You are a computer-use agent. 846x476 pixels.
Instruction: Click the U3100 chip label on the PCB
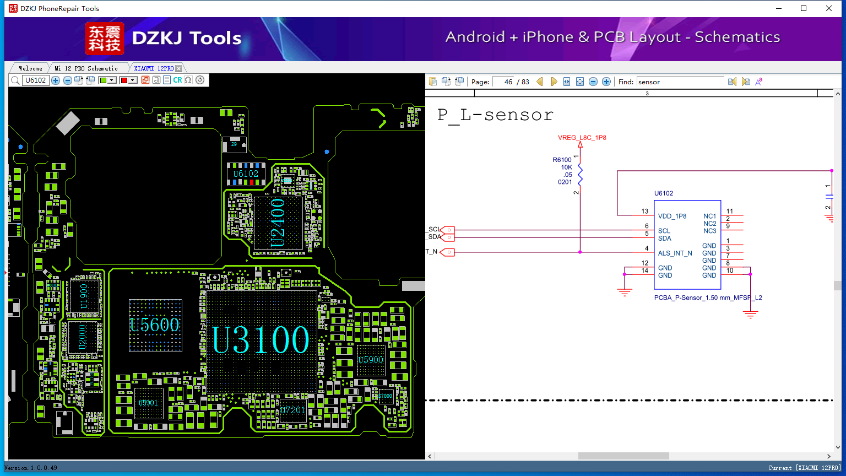click(261, 340)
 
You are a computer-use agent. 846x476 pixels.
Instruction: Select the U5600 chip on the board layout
click(155, 325)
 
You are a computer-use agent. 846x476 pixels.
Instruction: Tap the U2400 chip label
click(278, 223)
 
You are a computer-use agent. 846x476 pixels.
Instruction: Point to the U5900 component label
click(371, 360)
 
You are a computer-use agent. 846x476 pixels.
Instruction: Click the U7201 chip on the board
click(293, 410)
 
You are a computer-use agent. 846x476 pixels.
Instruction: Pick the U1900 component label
click(84, 296)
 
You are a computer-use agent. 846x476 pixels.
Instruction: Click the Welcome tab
click(30, 68)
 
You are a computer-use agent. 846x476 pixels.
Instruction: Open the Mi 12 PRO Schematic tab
click(86, 68)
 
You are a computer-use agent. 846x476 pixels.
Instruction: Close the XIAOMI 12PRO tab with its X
click(179, 68)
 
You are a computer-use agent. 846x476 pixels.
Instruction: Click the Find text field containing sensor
click(680, 82)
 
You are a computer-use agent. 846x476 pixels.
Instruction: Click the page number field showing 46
click(503, 82)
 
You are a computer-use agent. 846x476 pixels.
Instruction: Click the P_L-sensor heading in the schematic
click(495, 115)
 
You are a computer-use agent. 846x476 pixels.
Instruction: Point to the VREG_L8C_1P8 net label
click(582, 138)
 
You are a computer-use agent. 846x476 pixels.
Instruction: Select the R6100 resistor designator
click(562, 160)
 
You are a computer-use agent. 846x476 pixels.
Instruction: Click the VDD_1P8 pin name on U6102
click(672, 216)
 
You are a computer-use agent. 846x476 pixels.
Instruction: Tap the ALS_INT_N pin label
click(675, 253)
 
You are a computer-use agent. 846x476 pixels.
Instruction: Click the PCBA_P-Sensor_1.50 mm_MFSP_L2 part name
click(708, 297)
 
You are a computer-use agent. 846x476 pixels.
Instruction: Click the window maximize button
click(804, 8)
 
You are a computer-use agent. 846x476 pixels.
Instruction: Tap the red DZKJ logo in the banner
click(104, 38)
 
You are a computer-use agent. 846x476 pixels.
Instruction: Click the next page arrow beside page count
click(554, 82)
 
